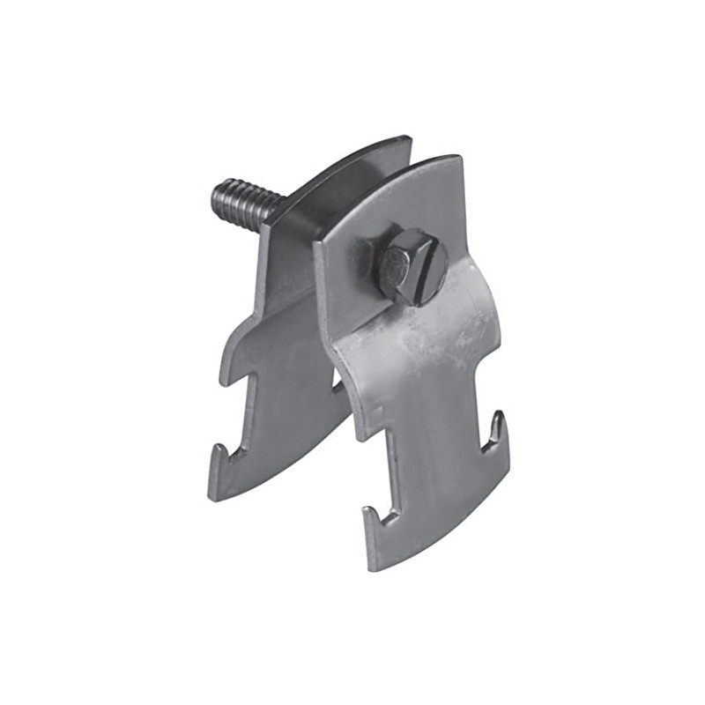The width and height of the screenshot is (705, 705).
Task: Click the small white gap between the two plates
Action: tap(337, 380)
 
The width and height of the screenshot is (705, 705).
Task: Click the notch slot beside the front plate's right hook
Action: tap(483, 441)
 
